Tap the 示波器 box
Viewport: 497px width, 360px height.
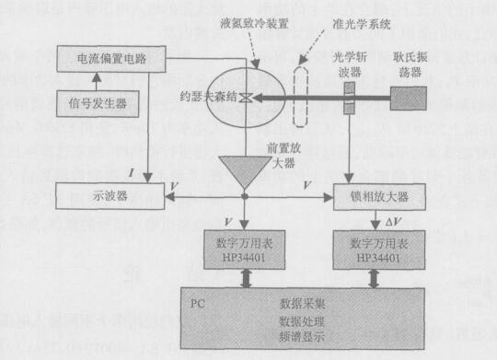pyautogui.click(x=103, y=196)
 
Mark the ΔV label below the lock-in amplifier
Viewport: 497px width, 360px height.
pyautogui.click(x=389, y=223)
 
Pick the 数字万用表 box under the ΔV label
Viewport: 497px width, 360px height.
pyautogui.click(x=374, y=250)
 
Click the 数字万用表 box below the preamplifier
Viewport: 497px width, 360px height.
pyautogui.click(x=246, y=250)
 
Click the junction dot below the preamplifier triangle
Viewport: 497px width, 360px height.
pyautogui.click(x=245, y=196)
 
